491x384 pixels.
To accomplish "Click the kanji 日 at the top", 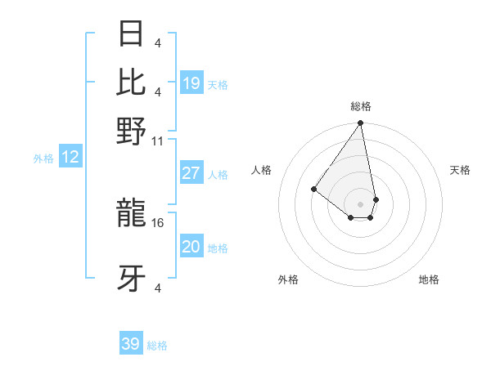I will [131, 33].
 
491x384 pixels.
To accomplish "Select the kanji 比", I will [131, 81].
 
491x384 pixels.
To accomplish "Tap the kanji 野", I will [131, 131].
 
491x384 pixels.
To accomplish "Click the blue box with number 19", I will [191, 83].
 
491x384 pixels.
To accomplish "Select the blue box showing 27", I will [191, 173].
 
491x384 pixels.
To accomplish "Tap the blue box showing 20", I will [191, 247].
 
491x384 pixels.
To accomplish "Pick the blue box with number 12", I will [70, 158].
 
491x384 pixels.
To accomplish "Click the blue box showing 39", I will [131, 344].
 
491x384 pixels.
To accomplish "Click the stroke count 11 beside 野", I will [158, 141].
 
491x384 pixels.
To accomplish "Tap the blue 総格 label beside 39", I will [158, 346].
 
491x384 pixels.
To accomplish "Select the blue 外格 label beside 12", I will [43, 159].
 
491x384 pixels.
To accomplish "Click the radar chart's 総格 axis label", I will [361, 106].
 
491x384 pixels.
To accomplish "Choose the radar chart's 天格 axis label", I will [460, 170].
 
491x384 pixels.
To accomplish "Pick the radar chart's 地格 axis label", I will [429, 279].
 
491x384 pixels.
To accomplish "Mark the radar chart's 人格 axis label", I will [261, 170].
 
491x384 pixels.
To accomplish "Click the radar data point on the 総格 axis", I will [360, 123].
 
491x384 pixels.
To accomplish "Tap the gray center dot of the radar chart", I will [360, 204].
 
